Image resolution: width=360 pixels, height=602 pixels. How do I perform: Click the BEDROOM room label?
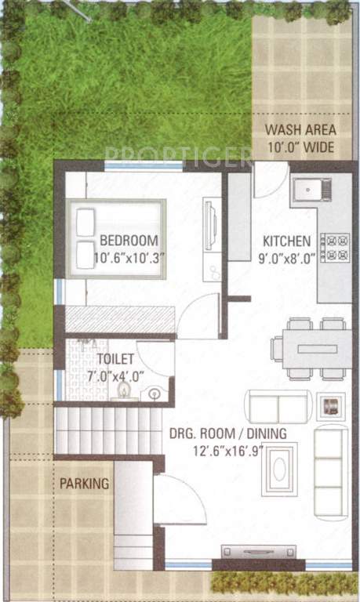tap(129, 241)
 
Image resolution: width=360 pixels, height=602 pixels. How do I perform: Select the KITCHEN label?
tap(286, 241)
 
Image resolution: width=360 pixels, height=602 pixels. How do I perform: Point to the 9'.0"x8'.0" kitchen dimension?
tap(286, 256)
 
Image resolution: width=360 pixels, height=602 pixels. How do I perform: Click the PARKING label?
tap(84, 484)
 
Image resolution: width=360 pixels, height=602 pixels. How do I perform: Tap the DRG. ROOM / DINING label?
tap(227, 433)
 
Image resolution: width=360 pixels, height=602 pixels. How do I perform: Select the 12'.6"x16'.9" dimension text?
tap(227, 449)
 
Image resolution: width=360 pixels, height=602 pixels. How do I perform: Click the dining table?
tap(311, 348)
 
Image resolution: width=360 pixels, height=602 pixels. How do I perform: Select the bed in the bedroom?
tap(117, 238)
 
